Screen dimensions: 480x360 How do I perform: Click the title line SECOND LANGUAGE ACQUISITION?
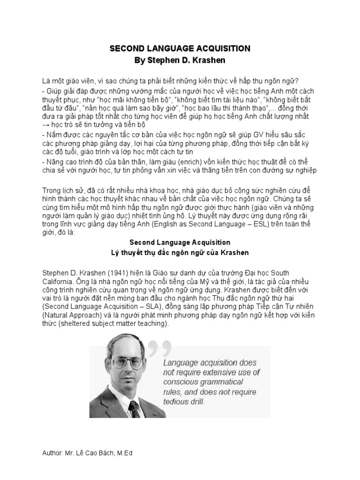pyautogui.click(x=180, y=49)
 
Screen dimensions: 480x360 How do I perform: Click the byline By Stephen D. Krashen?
pyautogui.click(x=180, y=60)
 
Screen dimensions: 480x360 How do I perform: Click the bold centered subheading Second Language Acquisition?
pyautogui.click(x=180, y=242)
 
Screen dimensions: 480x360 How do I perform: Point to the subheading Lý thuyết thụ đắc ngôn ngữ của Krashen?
pyautogui.click(x=180, y=253)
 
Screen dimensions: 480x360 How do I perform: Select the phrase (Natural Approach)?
pyautogui.click(x=72, y=315)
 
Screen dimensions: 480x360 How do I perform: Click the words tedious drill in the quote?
pyautogui.click(x=184, y=402)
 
